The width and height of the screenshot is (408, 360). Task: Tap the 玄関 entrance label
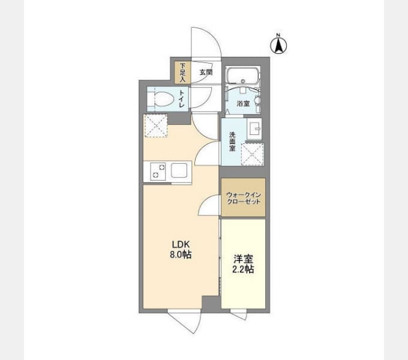coord(206,73)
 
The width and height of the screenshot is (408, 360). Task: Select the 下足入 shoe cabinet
coord(182,73)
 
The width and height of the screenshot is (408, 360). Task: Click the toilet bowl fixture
coord(161,99)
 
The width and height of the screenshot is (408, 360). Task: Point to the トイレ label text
coord(182,99)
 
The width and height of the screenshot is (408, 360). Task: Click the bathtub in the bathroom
coord(242,76)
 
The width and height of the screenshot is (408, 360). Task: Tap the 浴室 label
coord(243,104)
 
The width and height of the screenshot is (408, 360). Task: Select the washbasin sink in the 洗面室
coord(254,129)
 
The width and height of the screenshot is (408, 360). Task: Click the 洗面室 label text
coord(232,142)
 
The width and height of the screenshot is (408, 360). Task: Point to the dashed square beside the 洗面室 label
coord(253,154)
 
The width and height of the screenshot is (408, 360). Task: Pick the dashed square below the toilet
coord(155,126)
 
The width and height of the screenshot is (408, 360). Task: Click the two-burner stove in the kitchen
coord(158,171)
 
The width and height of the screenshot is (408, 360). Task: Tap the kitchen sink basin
coord(179,170)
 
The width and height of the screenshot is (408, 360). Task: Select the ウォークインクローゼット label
coord(243,198)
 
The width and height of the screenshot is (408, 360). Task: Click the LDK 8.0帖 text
coord(181,250)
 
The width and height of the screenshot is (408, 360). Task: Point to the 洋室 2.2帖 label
coord(243,264)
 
